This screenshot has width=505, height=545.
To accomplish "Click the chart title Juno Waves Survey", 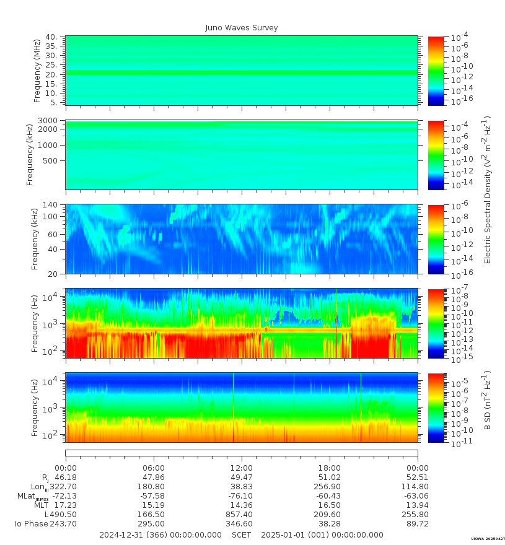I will pyautogui.click(x=242, y=28).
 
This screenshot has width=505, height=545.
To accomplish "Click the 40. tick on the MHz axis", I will pyautogui.click(x=51, y=37).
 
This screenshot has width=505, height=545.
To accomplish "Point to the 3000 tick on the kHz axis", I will pyautogui.click(x=48, y=120).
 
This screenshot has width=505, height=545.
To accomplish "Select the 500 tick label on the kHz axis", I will pyautogui.click(x=51, y=160).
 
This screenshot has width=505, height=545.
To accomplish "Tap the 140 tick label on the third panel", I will pyautogui.click(x=50, y=205).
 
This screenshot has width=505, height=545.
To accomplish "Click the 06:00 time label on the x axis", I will pyautogui.click(x=154, y=468).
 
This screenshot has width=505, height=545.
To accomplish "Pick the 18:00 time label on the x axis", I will pyautogui.click(x=329, y=468).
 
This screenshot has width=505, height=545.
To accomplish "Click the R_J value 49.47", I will pyautogui.click(x=241, y=477).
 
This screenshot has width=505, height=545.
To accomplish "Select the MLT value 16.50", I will pyautogui.click(x=329, y=505).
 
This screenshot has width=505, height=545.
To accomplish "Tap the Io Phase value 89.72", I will pyautogui.click(x=417, y=524).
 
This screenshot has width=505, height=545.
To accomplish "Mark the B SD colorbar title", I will pyautogui.click(x=488, y=401).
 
